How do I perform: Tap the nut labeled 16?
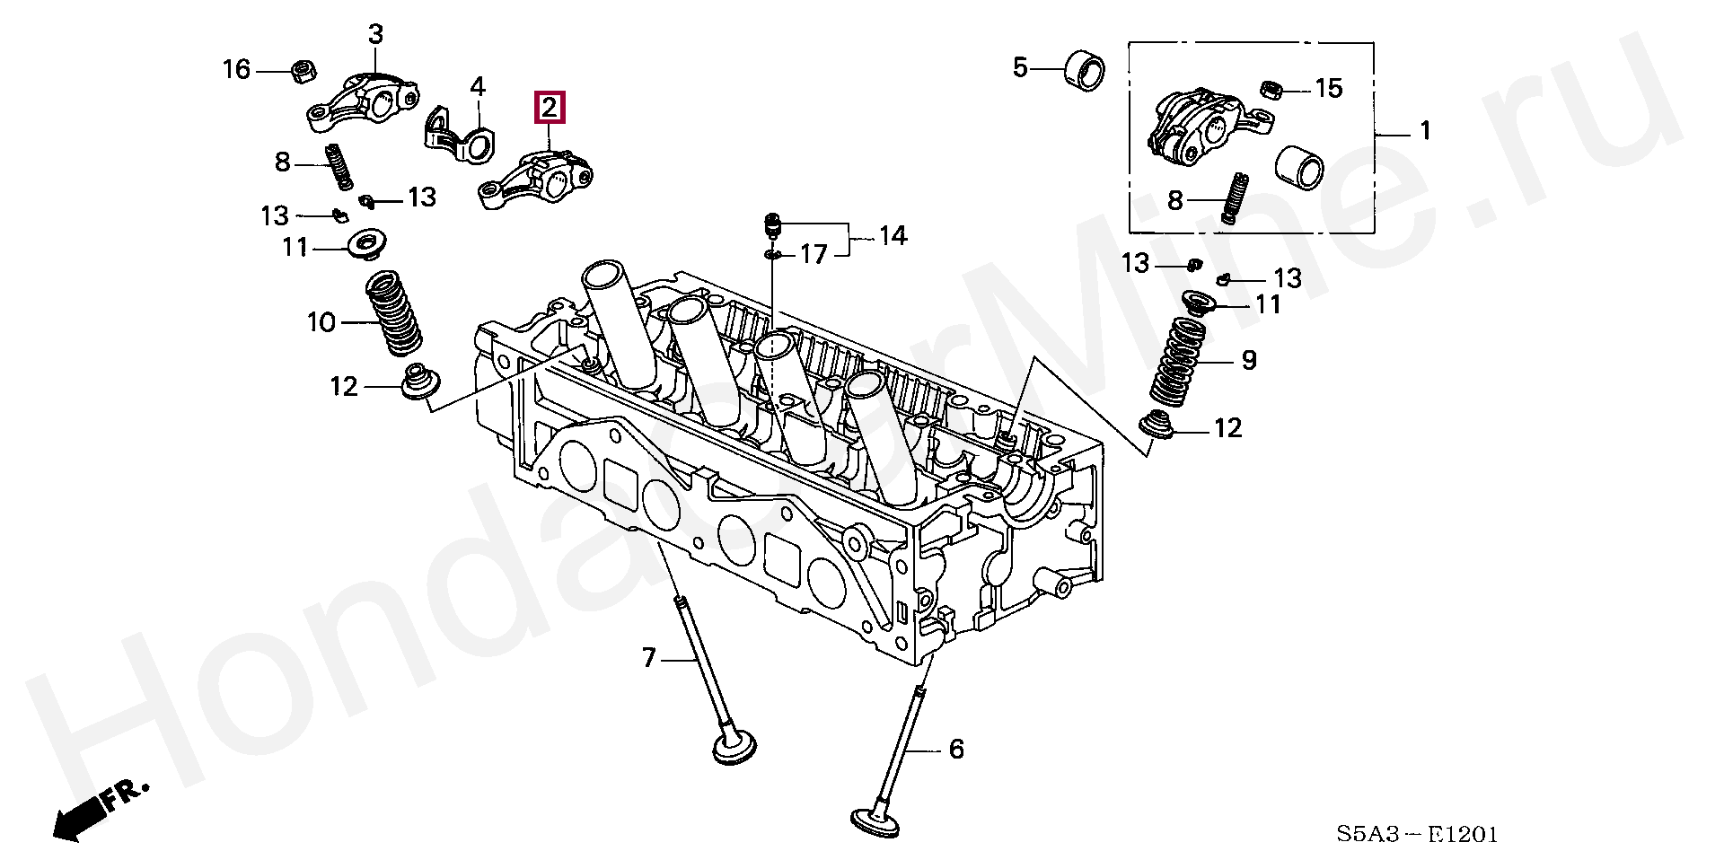coord(303,70)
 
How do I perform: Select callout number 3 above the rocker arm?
coord(375,35)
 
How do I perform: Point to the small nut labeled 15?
coord(1269,89)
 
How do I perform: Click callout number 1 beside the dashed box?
coord(1424,132)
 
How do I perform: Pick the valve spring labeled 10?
coord(394,316)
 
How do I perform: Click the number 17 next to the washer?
coord(813,256)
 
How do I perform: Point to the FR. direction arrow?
coord(90,808)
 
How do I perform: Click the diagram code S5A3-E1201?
coord(1417,835)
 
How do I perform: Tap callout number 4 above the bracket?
coord(478,87)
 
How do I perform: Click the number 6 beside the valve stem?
coord(955,748)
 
